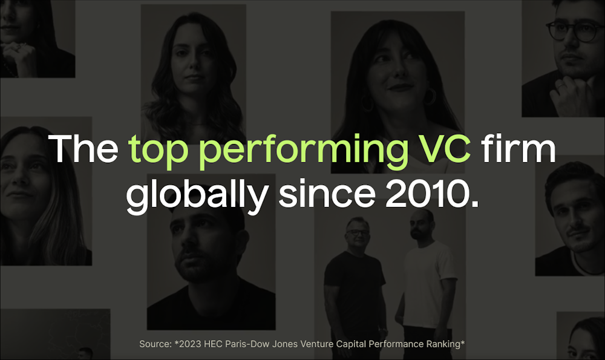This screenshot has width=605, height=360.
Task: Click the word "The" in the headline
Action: pyautogui.click(x=83, y=149)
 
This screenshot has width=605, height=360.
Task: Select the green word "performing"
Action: pyautogui.click(x=304, y=152)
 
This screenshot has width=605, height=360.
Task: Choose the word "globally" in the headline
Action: pyautogui.click(x=197, y=194)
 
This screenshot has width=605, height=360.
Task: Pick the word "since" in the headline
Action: pyautogui.click(x=327, y=192)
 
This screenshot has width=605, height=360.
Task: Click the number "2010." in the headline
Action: pyautogui.click(x=431, y=193)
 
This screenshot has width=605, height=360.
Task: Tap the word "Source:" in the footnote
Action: pyautogui.click(x=155, y=344)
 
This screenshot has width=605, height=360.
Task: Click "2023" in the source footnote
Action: pyautogui.click(x=188, y=344)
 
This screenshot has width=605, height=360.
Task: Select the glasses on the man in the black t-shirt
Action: pyautogui.click(x=358, y=233)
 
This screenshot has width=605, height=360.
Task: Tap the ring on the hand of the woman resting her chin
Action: pyautogui.click(x=18, y=47)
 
